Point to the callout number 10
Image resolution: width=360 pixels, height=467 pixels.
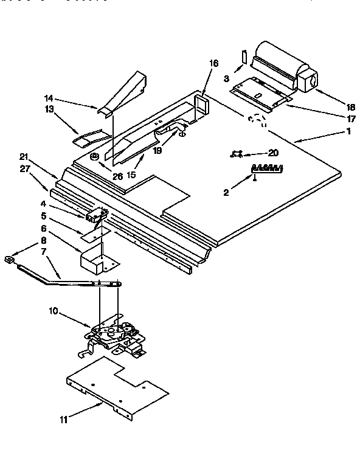pyautogui.click(x=54, y=311)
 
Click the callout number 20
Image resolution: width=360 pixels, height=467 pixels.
pyautogui.click(x=273, y=154)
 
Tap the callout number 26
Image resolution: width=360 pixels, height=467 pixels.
pyautogui.click(x=117, y=177)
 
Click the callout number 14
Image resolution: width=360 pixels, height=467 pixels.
pyautogui.click(x=49, y=97)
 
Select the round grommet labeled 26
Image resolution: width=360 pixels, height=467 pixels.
pyautogui.click(x=95, y=157)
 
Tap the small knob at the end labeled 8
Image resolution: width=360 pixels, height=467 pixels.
pyautogui.click(x=9, y=260)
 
